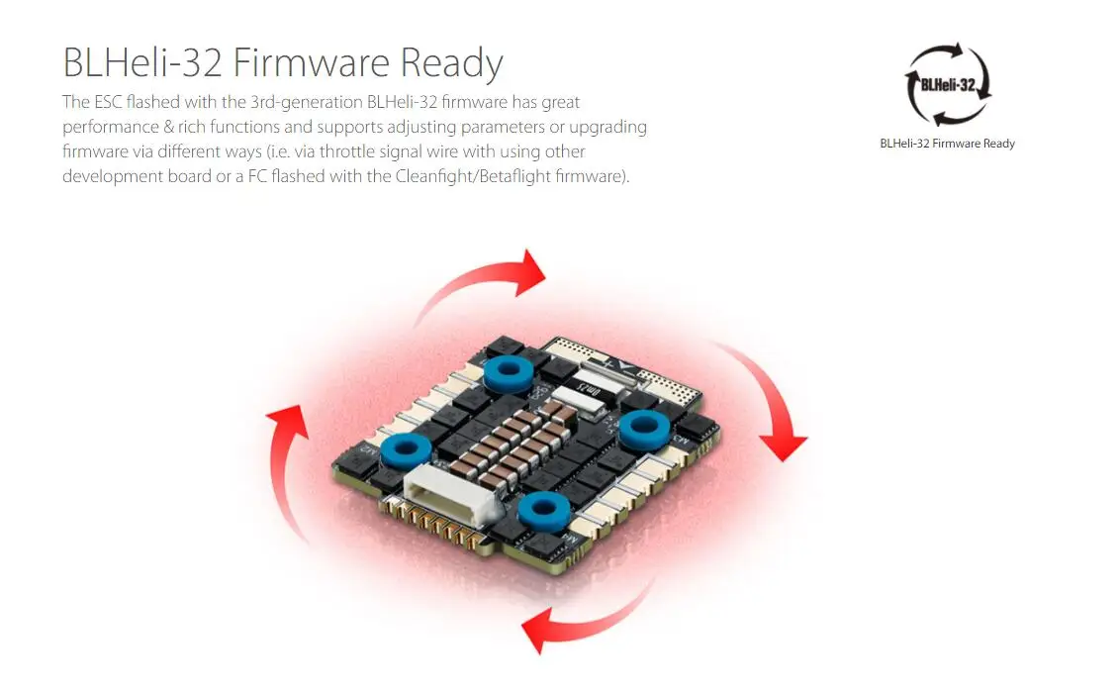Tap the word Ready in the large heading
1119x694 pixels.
[451, 63]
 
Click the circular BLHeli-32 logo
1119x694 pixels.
[948, 84]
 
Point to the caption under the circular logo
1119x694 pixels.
[947, 144]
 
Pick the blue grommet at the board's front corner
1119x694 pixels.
[542, 511]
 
